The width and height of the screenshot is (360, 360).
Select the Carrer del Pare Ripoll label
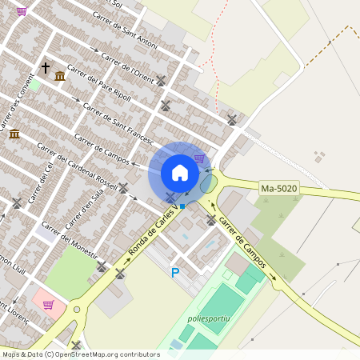point(100,92)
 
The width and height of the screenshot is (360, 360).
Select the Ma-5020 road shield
point(278,189)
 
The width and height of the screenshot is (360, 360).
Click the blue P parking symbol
point(175,273)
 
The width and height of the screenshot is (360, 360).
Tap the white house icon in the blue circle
point(180,172)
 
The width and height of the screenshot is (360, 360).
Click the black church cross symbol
point(45,68)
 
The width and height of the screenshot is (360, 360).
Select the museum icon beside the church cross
point(60,76)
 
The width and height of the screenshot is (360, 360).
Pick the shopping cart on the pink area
point(48,304)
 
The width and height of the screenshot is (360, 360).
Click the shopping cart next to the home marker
point(199,158)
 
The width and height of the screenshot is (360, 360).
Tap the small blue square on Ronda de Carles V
point(182,206)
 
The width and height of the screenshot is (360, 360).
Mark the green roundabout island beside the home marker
point(207,184)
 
